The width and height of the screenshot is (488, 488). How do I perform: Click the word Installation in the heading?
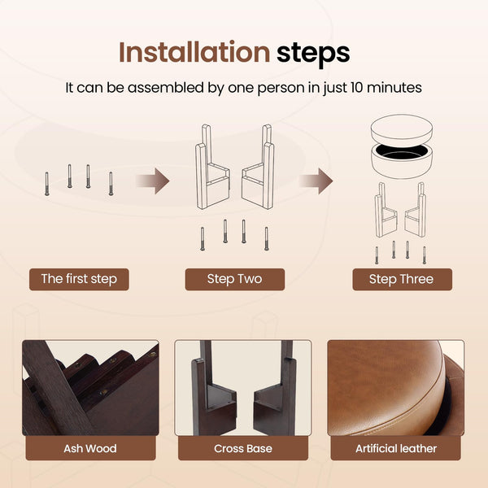click(194, 52)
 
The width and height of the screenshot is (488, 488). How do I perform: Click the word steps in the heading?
click(313, 54)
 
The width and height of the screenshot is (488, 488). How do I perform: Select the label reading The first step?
click(79, 279)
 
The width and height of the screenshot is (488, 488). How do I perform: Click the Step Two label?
click(235, 279)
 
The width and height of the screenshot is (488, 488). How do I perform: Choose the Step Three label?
click(402, 279)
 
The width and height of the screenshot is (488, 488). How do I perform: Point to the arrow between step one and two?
click(153, 181)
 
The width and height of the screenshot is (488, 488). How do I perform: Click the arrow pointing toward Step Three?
click(316, 181)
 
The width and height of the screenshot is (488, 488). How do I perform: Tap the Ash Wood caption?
click(90, 448)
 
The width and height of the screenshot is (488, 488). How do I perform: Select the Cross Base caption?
click(243, 448)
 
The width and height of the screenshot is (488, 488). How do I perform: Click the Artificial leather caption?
click(396, 448)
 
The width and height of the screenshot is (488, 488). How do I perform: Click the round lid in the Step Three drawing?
click(402, 131)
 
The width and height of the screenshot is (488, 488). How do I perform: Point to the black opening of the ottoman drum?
click(402, 152)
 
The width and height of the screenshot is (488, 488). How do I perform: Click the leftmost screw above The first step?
click(47, 184)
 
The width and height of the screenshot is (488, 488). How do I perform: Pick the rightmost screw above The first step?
click(111, 184)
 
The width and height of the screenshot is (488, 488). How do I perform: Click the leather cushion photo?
click(395, 388)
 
